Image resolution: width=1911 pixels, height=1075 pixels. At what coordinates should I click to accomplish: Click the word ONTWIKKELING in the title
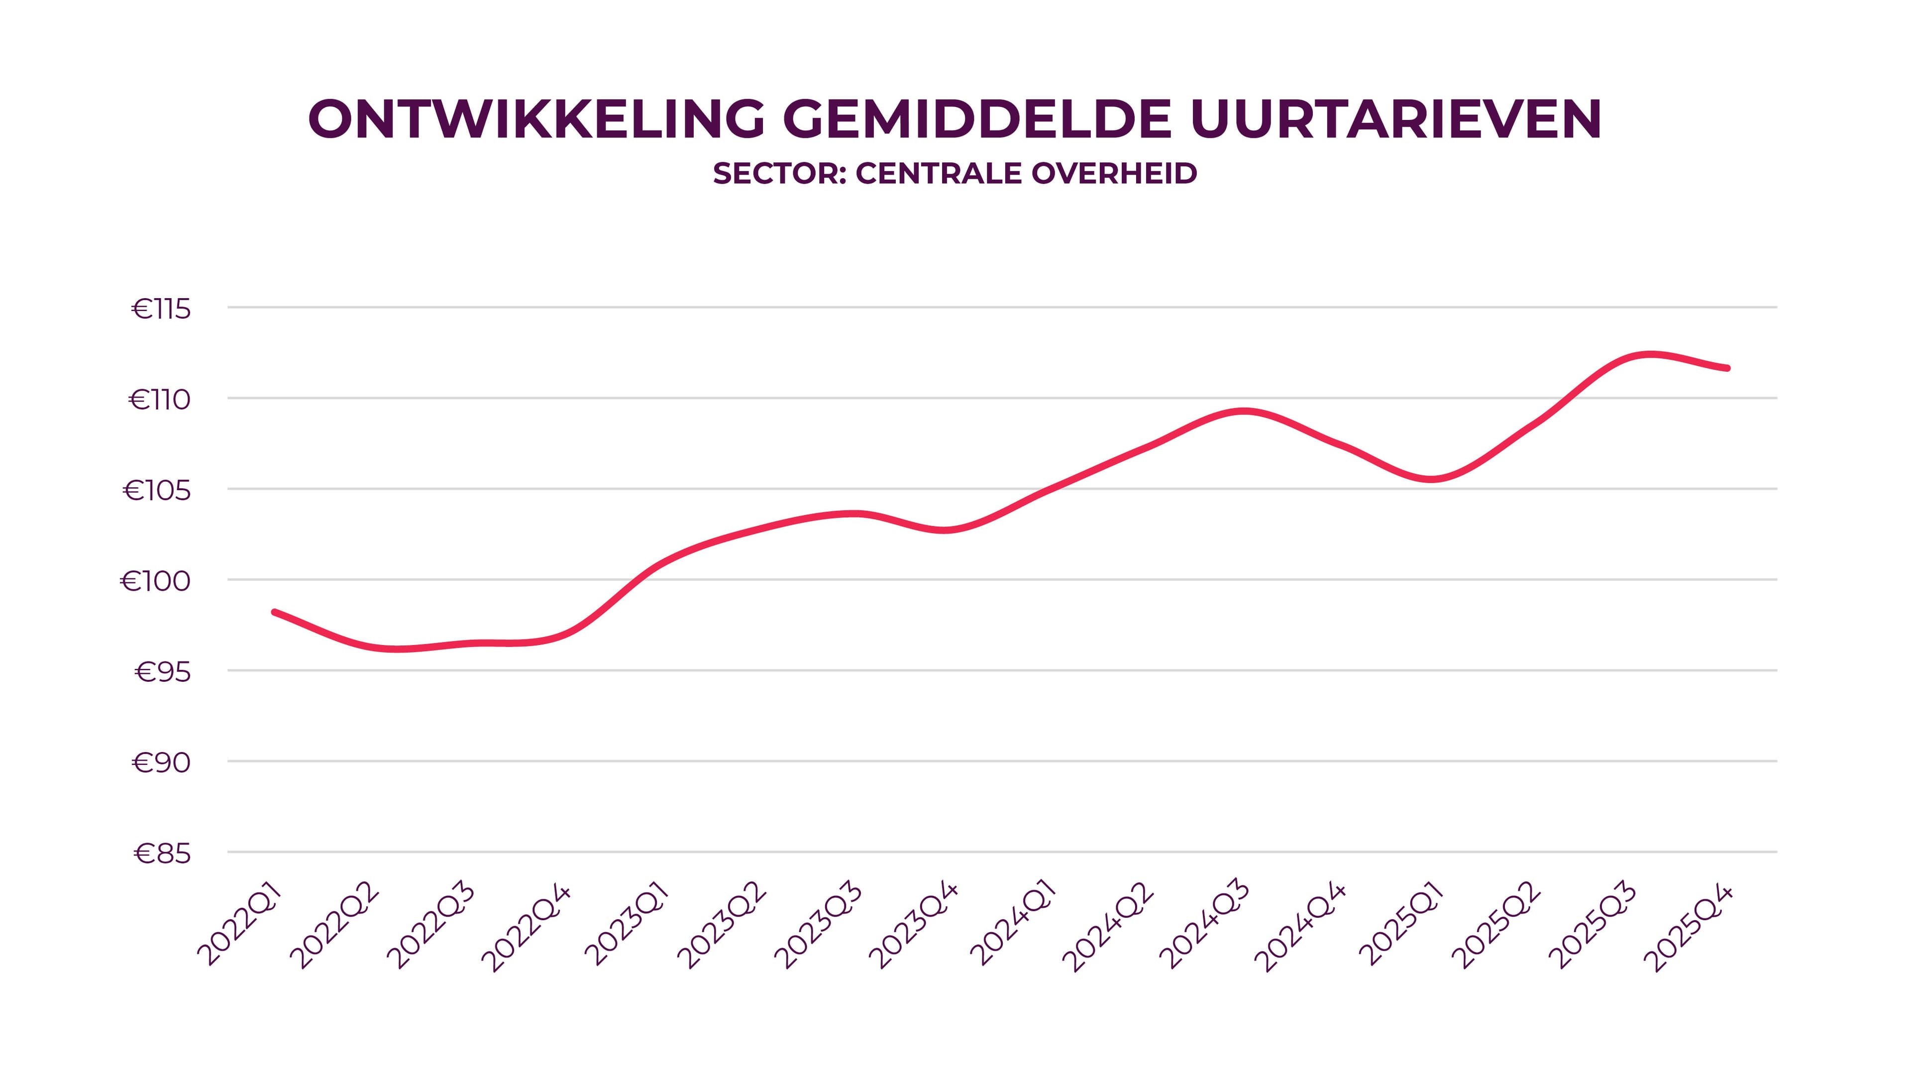pos(535,119)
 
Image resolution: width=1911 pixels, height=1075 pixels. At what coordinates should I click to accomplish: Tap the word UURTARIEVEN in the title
pos(1395,119)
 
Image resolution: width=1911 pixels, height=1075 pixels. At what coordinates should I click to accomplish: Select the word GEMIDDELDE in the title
pos(976,119)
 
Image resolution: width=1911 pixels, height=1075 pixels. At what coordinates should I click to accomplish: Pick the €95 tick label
pos(162,673)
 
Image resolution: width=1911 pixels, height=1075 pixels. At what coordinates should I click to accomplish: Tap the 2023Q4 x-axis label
pos(914,925)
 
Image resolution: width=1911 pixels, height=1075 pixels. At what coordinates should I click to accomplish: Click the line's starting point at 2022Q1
pos(275,612)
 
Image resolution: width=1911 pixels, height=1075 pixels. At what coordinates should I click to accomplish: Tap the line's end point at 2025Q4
pos(1728,368)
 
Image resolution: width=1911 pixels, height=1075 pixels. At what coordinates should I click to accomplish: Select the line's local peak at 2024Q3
pos(1244,411)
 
